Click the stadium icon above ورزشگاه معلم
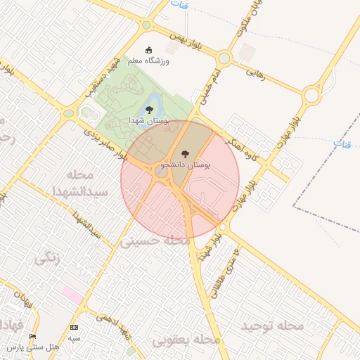pyautogui.click(x=148, y=50)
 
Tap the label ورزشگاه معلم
pyautogui.click(x=148, y=61)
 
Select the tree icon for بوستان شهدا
pyautogui.click(x=149, y=109)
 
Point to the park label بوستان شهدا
pyautogui.click(x=146, y=121)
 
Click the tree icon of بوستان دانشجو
pyautogui.click(x=185, y=153)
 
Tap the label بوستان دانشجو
pyautogui.click(x=186, y=165)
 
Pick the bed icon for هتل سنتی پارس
pyautogui.click(x=32, y=337)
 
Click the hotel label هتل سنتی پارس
pyautogui.click(x=30, y=347)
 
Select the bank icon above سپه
pyautogui.click(x=75, y=327)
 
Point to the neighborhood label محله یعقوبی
pyautogui.click(x=187, y=340)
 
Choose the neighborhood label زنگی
pyautogui.click(x=48, y=258)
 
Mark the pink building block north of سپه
pyautogui.click(x=72, y=294)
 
